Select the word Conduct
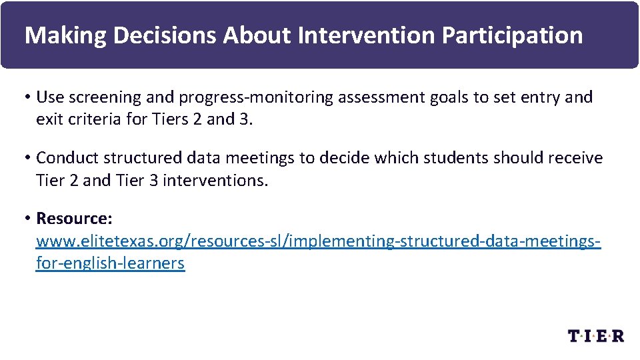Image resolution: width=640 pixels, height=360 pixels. point(64,158)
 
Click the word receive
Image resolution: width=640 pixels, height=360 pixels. point(571,158)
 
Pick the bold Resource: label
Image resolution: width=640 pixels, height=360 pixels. point(74,219)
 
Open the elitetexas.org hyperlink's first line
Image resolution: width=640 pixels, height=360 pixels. point(318,241)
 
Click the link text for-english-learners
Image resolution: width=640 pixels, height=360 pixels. point(110,263)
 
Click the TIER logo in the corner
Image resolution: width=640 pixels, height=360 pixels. point(595,335)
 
